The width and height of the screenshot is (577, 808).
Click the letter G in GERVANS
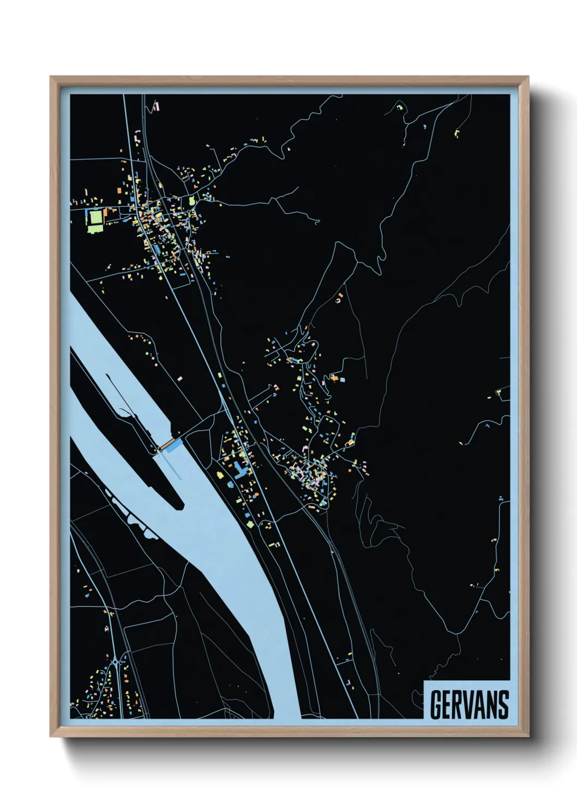point(436,705)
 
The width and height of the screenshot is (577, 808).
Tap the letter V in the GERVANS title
point(468,705)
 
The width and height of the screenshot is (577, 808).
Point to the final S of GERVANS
point(503,705)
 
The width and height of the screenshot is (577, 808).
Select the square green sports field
point(95,218)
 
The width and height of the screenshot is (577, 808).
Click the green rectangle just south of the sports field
point(94,229)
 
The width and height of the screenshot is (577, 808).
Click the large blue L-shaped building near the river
point(240,470)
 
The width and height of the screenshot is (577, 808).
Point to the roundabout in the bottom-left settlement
point(116,663)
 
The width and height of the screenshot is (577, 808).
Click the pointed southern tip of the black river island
point(182,506)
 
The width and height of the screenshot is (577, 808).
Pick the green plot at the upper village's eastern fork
point(192,201)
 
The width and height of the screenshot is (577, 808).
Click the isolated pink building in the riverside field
point(180,377)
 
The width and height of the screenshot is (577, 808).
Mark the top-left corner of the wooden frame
point(51,77)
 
